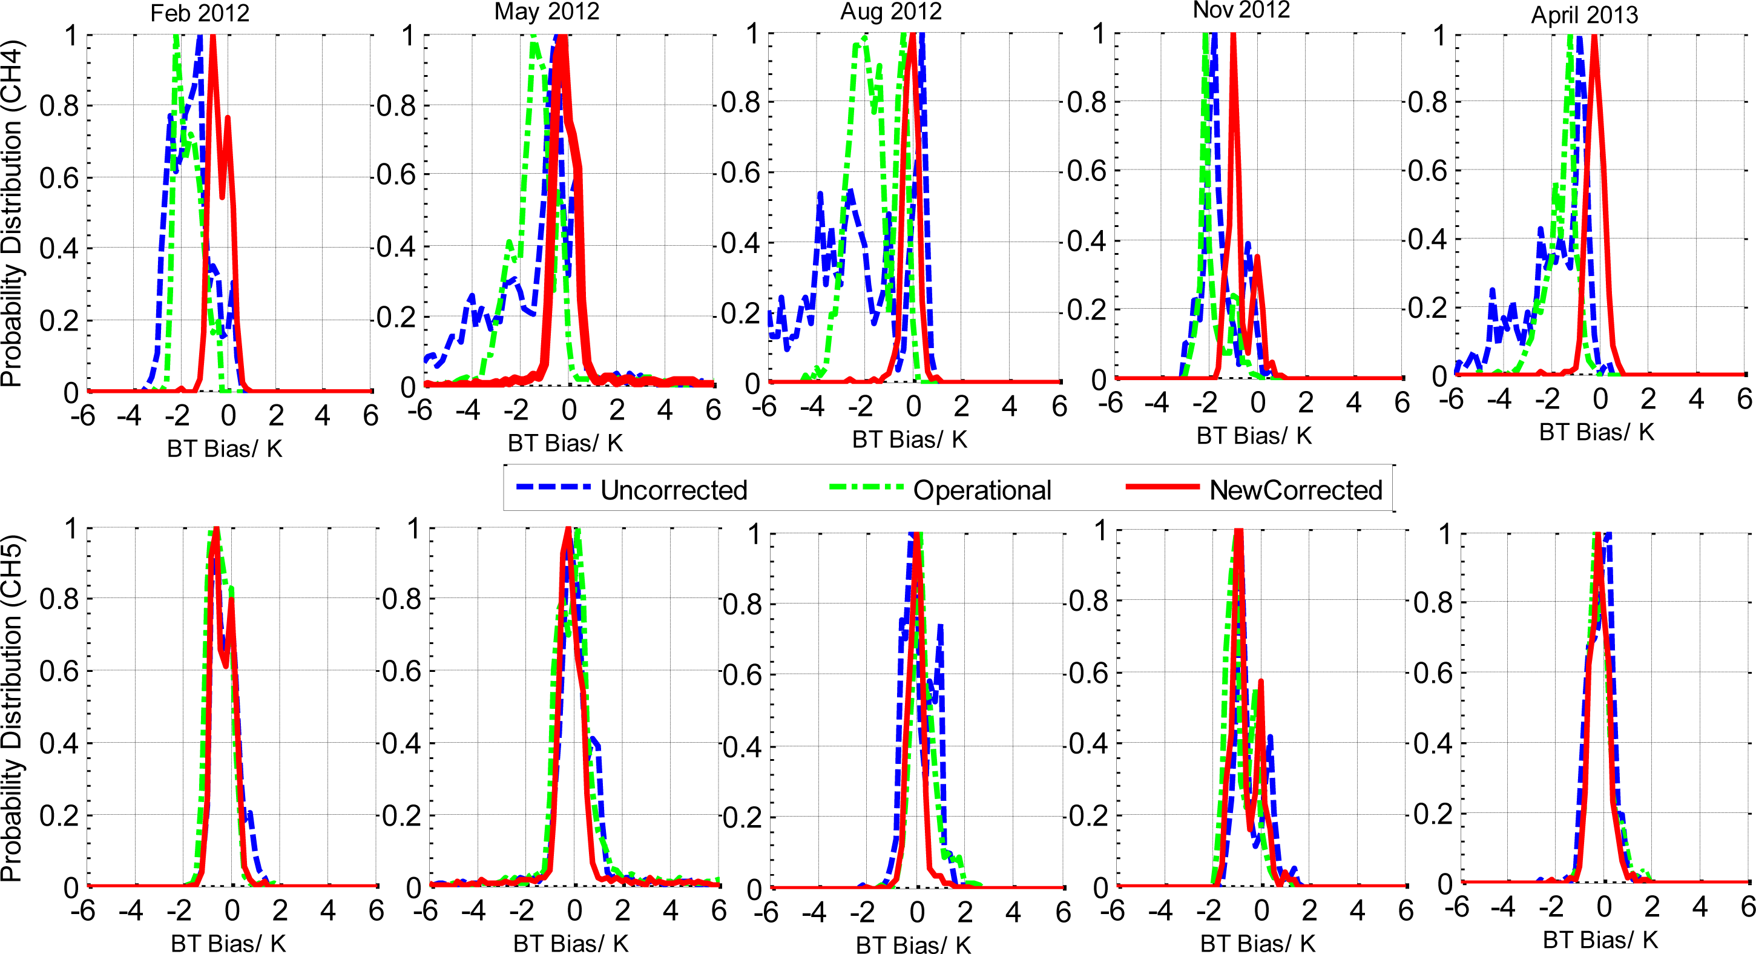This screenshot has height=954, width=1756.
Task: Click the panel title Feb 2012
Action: click(x=200, y=14)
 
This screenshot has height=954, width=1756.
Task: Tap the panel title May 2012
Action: click(x=547, y=12)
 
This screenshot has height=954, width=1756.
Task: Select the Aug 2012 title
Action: click(x=890, y=12)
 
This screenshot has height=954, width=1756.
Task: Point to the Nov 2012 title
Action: click(x=1241, y=10)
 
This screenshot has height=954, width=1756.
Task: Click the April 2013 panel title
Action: click(x=1584, y=15)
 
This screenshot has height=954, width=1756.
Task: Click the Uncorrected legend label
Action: click(x=674, y=490)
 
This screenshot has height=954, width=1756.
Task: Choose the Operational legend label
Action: click(x=982, y=490)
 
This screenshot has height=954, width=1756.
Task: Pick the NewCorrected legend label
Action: click(x=1295, y=490)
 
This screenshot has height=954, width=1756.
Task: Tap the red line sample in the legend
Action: click(x=1162, y=487)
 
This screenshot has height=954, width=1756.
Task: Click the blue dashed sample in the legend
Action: click(x=553, y=487)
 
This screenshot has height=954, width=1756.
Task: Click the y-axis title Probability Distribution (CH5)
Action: click(x=12, y=707)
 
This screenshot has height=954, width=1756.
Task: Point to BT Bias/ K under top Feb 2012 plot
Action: click(x=225, y=449)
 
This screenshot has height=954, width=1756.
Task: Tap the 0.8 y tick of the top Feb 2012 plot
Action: click(x=59, y=107)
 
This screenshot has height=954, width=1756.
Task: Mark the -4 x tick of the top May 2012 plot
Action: click(x=468, y=409)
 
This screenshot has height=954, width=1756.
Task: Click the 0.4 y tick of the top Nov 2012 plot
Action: click(x=1086, y=241)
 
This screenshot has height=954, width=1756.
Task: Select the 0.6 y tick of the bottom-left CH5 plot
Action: click(x=59, y=671)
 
